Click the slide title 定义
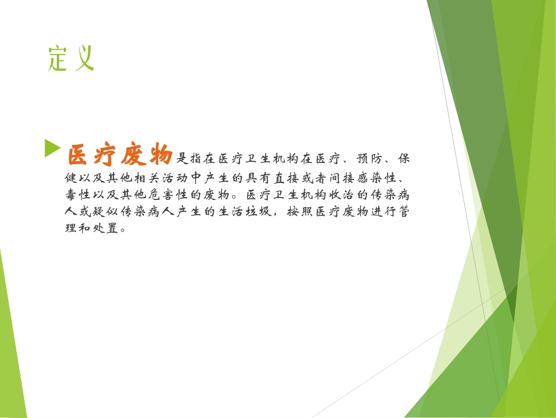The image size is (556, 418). pos(71,59)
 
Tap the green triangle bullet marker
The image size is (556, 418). pos(52,148)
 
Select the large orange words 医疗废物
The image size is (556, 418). pos(119,155)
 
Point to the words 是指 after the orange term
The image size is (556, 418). pos(190,159)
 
